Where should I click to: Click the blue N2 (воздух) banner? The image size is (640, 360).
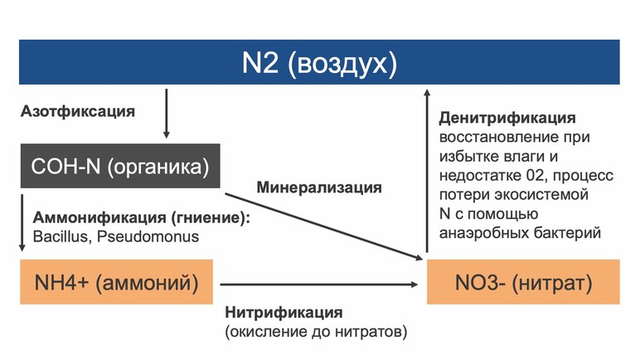coord(319,62)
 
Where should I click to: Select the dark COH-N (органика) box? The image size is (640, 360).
coord(119,166)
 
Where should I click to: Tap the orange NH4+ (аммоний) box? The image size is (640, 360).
coord(116,283)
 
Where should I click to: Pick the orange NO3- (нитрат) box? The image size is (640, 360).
coord(523,283)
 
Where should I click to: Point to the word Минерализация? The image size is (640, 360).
coord(319,187)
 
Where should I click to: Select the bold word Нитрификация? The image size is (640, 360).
coord(283,314)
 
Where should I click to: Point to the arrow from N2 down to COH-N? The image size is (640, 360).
coord(167,113)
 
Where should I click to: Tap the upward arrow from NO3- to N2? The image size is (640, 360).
coord(426,166)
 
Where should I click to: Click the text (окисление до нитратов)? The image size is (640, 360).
coord(316,332)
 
